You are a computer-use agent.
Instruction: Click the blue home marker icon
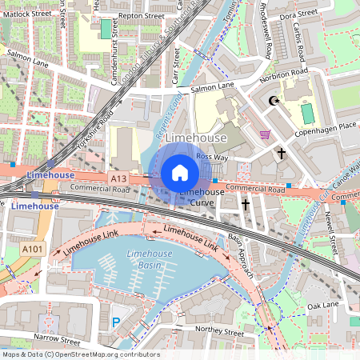pyautogui.click(x=180, y=173)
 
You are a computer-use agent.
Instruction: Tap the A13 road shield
pyautogui.click(x=118, y=180)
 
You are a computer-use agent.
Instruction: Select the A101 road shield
pyautogui.click(x=33, y=250)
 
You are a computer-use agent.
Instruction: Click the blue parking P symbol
pyautogui.click(x=116, y=322)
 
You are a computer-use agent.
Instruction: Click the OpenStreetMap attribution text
pyautogui.click(x=80, y=354)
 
